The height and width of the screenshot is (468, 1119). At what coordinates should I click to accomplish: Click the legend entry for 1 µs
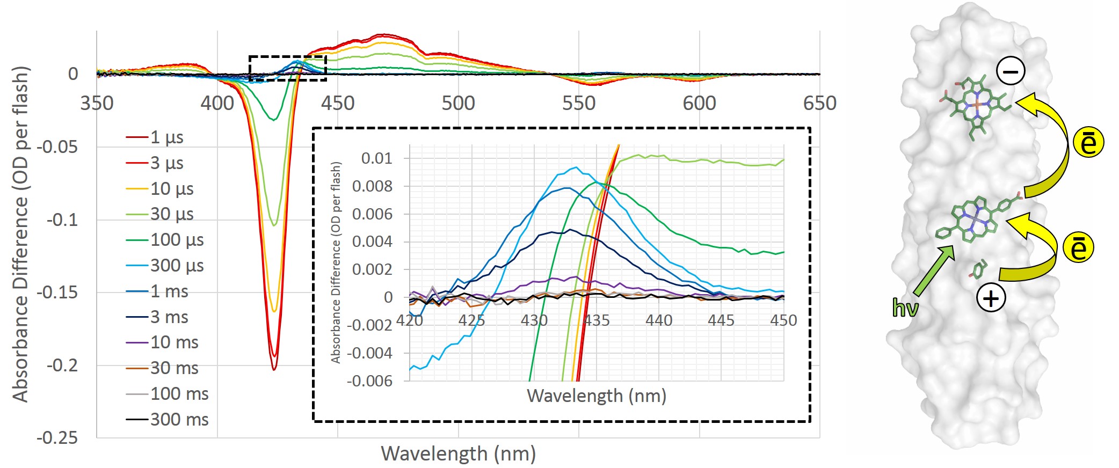click(x=166, y=137)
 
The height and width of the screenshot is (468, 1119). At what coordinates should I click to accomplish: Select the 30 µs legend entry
click(x=171, y=214)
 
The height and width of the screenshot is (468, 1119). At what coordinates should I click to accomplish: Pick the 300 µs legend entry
click(x=177, y=266)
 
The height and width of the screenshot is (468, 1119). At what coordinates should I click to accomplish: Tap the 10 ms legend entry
click(x=174, y=342)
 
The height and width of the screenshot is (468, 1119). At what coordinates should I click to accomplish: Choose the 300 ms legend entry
click(x=179, y=419)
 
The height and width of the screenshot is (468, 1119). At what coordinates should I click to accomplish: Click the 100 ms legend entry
click(x=179, y=394)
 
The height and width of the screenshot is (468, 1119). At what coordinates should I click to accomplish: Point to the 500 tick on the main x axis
click(x=458, y=103)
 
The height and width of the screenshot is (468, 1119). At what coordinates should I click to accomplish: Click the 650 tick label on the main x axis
click(x=819, y=103)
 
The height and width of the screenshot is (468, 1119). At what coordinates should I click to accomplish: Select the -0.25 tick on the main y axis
click(x=57, y=438)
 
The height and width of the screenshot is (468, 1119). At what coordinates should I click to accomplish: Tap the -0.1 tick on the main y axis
click(x=62, y=220)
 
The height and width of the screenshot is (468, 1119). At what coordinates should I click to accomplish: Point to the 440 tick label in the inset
click(x=659, y=320)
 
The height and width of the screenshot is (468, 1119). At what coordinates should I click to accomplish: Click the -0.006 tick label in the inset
click(x=369, y=381)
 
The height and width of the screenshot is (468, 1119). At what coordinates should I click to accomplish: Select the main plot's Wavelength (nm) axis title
click(x=458, y=454)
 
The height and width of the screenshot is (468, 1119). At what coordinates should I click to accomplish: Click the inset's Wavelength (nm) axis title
click(x=596, y=396)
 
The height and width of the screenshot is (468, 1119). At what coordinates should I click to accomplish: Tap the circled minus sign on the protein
click(x=1011, y=71)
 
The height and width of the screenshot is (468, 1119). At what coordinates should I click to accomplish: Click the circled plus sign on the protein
click(x=991, y=298)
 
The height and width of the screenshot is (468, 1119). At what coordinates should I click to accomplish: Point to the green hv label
click(x=905, y=308)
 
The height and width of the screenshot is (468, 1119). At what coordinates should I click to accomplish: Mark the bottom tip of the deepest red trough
click(x=274, y=370)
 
